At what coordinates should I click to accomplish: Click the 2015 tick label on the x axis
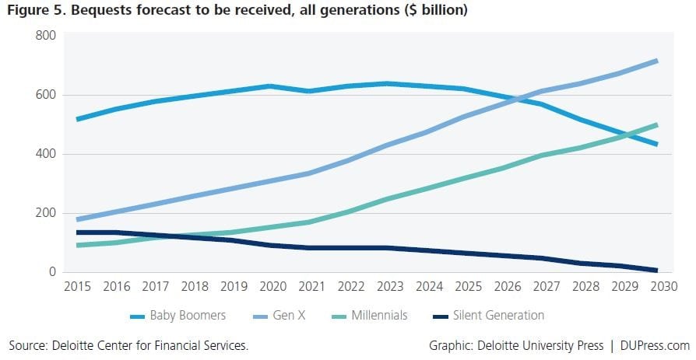pyautogui.click(x=76, y=287)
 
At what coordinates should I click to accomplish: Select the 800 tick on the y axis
pyautogui.click(x=45, y=36)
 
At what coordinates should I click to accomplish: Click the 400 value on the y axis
pyautogui.click(x=45, y=154)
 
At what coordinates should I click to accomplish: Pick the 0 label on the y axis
pyautogui.click(x=52, y=272)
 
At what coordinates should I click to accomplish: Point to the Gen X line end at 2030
pyautogui.click(x=657, y=61)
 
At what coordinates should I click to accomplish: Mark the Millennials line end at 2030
pyautogui.click(x=657, y=124)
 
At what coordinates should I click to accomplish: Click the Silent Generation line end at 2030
pyautogui.click(x=657, y=271)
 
